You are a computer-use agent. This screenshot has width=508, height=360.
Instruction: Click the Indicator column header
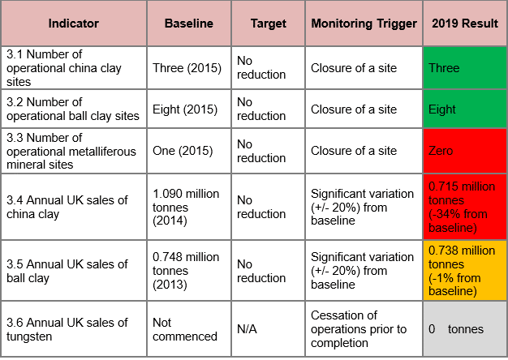point(73,24)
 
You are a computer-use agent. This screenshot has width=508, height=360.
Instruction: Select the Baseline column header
point(189,24)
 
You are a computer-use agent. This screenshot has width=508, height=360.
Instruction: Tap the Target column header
point(269,24)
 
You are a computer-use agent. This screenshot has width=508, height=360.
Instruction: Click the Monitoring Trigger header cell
point(364,24)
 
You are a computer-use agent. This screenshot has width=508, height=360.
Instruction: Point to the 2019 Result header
point(463,24)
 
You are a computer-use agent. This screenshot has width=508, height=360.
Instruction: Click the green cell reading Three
point(463,67)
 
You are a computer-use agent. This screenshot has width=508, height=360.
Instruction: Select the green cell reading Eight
point(463,109)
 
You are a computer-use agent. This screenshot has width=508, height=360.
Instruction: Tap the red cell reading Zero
point(463,151)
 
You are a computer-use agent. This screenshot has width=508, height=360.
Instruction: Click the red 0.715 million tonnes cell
point(463,207)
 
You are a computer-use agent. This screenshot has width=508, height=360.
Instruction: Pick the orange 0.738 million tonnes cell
point(463,271)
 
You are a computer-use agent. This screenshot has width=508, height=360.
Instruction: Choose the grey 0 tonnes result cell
point(463,329)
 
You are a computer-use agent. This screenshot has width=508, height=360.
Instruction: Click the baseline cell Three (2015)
point(189,67)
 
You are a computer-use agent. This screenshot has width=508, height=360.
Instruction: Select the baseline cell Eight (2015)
point(189,109)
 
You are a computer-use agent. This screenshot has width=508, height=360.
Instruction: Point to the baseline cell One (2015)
point(189,151)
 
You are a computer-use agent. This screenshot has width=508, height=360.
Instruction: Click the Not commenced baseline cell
point(189,329)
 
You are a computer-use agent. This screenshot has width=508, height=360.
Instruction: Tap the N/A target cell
point(269,329)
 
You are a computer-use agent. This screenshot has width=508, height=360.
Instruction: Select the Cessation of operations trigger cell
point(364,329)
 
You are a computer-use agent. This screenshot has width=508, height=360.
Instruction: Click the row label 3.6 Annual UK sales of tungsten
point(73,329)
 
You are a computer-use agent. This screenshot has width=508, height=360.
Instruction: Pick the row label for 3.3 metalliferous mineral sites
point(73,151)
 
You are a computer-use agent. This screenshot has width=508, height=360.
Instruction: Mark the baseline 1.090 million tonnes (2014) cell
point(189,207)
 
